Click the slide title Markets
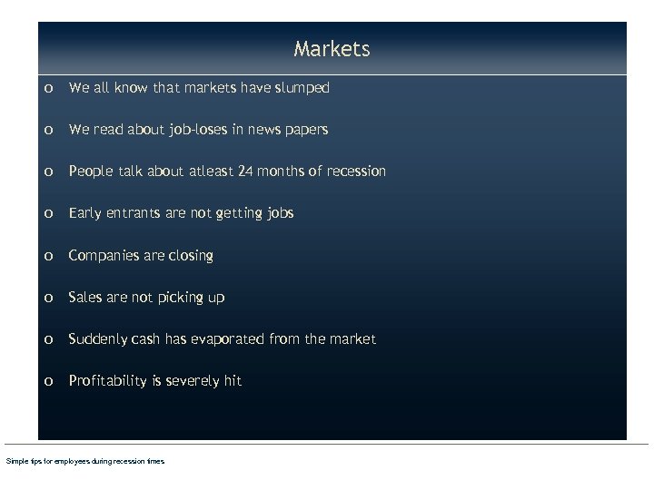point(332,49)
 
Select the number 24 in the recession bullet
point(250,171)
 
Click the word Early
point(85,213)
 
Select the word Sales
point(86,297)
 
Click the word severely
point(192,381)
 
